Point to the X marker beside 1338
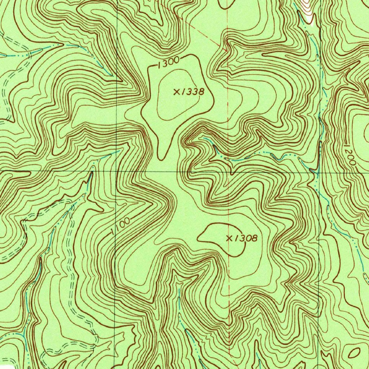point(177,92)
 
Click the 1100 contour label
point(120,226)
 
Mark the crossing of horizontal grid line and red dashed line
point(229,171)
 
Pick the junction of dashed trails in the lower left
point(72,202)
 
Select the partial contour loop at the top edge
point(225,4)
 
